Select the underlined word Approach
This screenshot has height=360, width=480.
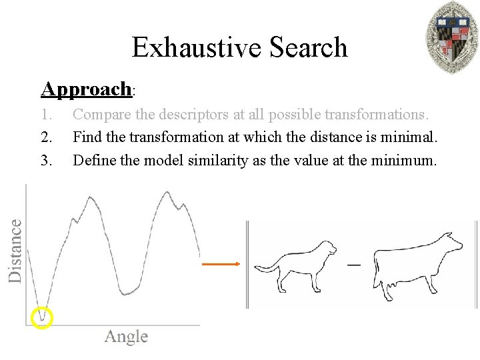coord(87,89)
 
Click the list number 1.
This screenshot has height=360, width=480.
coord(46,115)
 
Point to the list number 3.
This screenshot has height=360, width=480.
coord(47,160)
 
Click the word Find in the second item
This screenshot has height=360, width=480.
coord(87,137)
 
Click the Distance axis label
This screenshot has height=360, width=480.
coord(15,250)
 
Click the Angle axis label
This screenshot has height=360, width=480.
coord(126,337)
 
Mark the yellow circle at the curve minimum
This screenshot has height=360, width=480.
coord(42,318)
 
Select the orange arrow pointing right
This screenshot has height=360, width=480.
coord(220,264)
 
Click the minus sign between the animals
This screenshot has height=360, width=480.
coord(353,265)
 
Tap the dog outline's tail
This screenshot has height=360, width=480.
coord(267,269)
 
